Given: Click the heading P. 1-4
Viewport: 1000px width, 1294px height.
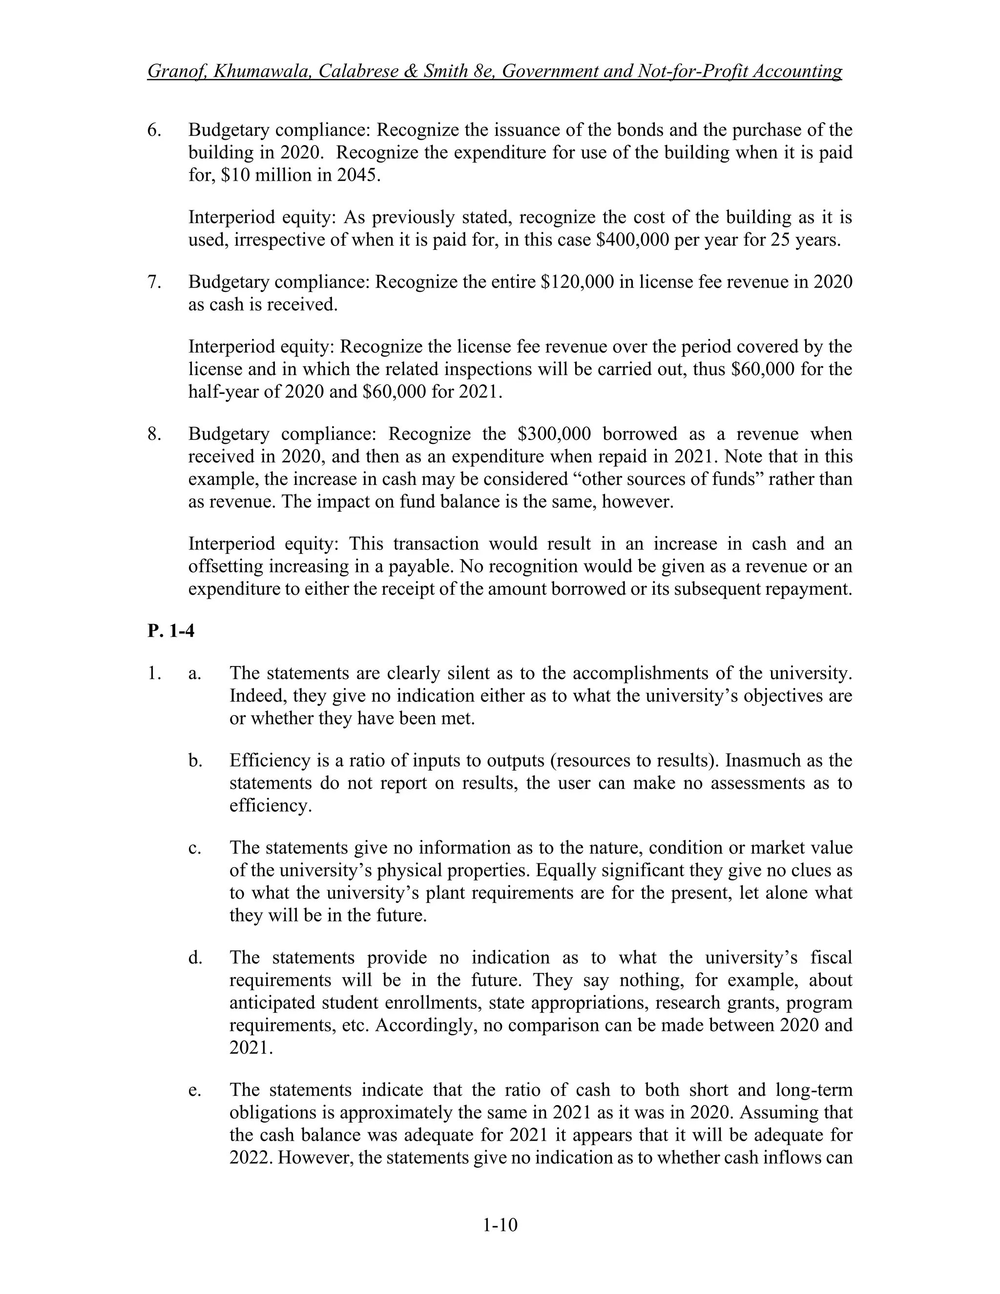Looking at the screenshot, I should click(170, 631).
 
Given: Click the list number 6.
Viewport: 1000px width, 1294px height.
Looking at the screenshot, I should click(153, 130).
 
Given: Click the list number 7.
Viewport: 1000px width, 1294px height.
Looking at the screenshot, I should click(153, 282).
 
